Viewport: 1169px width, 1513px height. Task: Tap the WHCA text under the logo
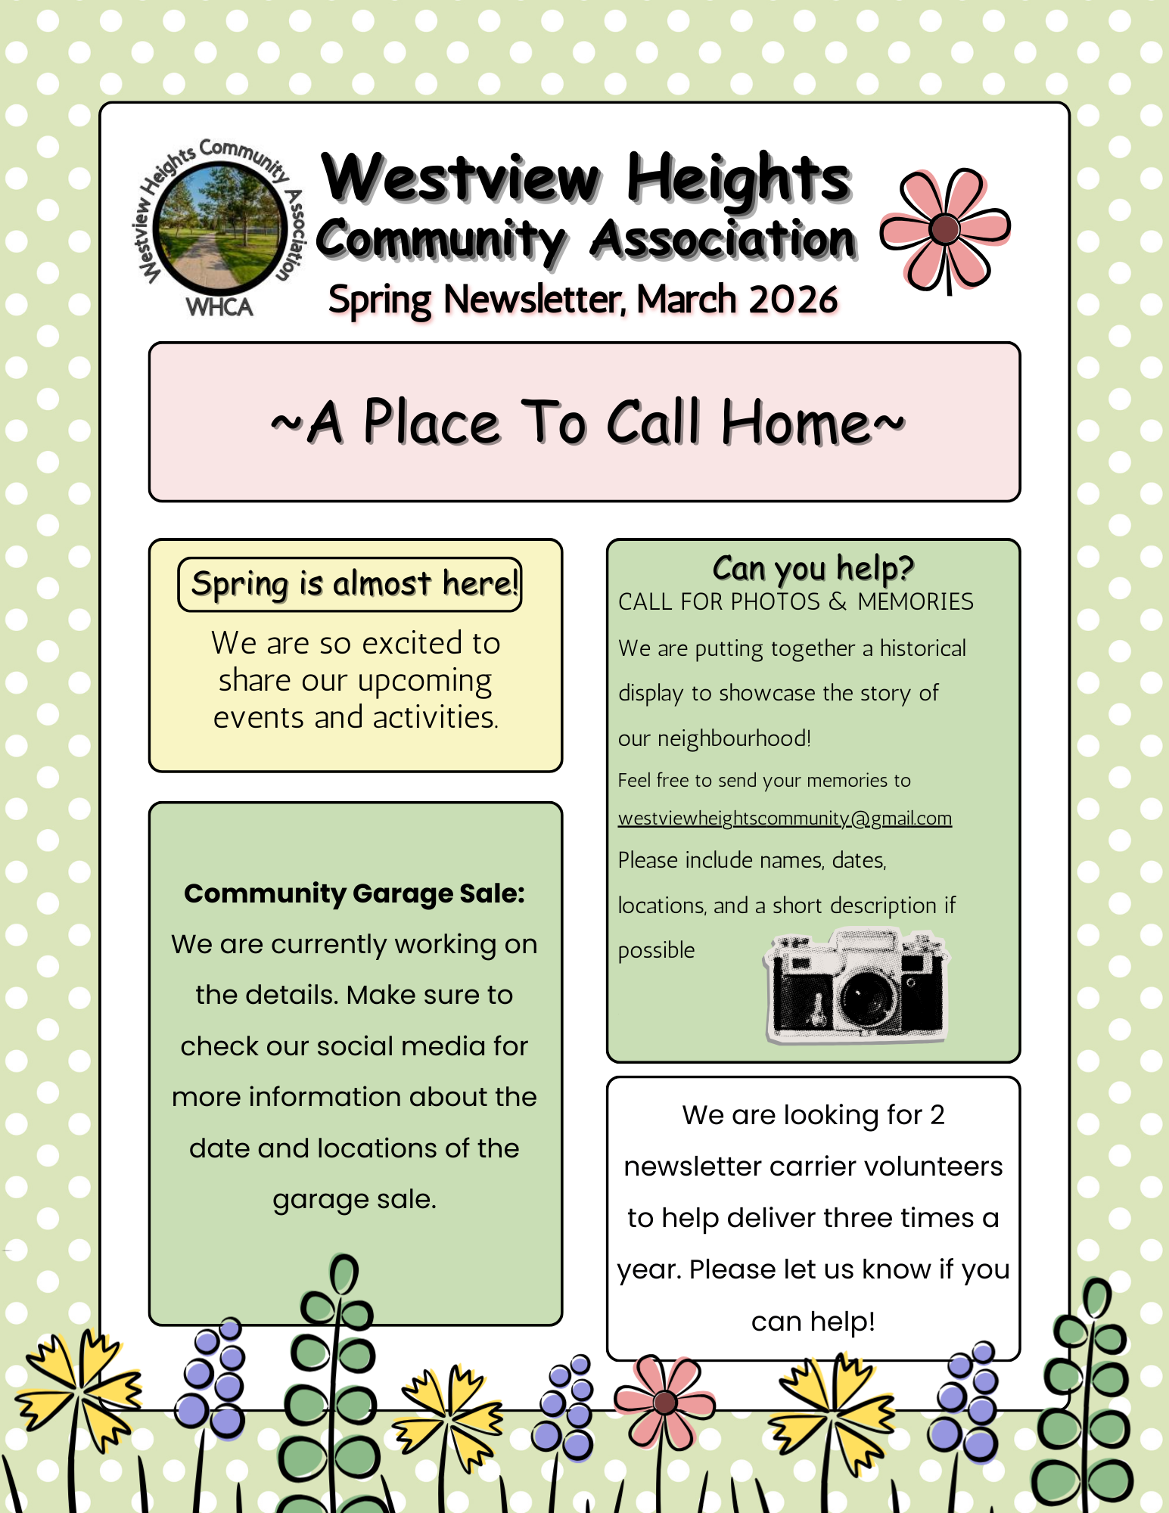pyautogui.click(x=219, y=307)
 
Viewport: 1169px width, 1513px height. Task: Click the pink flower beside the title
pyautogui.click(x=945, y=228)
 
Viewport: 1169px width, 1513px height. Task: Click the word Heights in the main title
pyautogui.click(x=738, y=179)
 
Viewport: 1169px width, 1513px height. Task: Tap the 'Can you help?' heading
pyautogui.click(x=813, y=567)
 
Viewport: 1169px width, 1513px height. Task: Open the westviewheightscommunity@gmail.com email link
pyautogui.click(x=785, y=819)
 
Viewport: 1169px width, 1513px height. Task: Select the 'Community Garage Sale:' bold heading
pyautogui.click(x=354, y=893)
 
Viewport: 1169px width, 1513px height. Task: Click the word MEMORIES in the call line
pyautogui.click(x=916, y=602)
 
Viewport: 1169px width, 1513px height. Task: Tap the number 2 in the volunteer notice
pyautogui.click(x=937, y=1115)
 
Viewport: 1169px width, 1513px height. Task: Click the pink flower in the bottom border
pyautogui.click(x=664, y=1402)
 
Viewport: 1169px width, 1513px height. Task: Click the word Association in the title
pyautogui.click(x=723, y=241)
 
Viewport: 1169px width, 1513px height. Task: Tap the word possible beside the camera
pyautogui.click(x=656, y=950)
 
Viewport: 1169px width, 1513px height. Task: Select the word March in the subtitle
pyautogui.click(x=686, y=300)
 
